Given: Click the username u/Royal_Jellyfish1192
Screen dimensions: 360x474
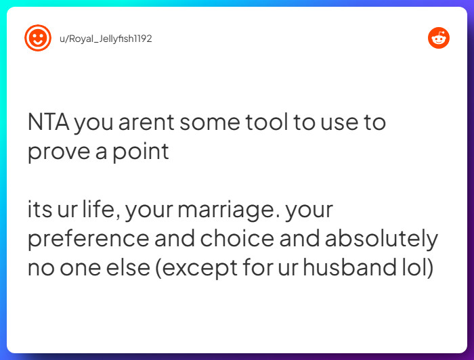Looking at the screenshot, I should [105, 39].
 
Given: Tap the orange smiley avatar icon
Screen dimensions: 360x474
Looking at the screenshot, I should [37, 38].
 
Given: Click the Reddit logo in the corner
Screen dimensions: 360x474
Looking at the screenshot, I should [439, 38].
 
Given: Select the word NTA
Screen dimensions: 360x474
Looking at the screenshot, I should [47, 122].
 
